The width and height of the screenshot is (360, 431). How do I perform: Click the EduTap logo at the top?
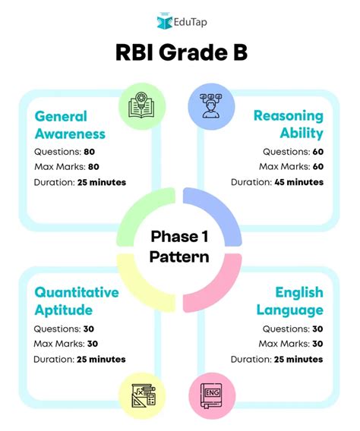click(x=180, y=20)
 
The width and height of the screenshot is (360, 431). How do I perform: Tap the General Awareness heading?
click(x=70, y=125)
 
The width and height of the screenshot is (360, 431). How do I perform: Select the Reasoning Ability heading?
click(x=289, y=125)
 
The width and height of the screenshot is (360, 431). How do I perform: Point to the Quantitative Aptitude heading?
click(x=77, y=300)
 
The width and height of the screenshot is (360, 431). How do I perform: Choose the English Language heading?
click(x=289, y=300)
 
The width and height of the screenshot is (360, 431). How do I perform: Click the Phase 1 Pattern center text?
click(x=180, y=246)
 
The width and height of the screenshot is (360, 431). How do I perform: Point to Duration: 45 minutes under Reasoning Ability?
click(x=277, y=182)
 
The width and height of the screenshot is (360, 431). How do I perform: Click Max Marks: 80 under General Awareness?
click(x=67, y=166)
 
